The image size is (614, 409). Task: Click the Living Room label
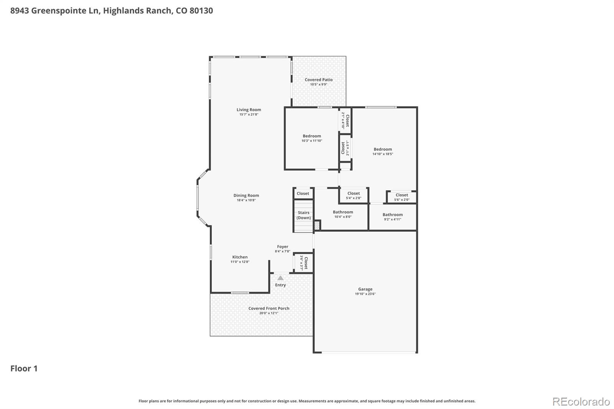[249, 110]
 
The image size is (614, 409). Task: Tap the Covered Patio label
[319, 80]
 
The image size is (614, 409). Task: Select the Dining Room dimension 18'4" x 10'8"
[246, 200]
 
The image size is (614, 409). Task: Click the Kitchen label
[240, 257]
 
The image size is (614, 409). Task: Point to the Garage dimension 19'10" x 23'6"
[365, 294]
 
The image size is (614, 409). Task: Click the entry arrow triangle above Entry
[281, 278]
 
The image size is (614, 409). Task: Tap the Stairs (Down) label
[304, 215]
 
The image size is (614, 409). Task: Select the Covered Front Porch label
[269, 308]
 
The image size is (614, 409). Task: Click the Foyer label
[282, 247]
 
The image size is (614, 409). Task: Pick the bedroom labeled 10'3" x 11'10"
[312, 138]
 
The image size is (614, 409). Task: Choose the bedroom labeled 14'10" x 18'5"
[383, 151]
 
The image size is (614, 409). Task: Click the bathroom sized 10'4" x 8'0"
[343, 214]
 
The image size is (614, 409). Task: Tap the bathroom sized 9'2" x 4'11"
[393, 217]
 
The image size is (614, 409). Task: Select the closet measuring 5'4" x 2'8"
[353, 196]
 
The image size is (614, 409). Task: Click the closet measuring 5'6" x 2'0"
[402, 197]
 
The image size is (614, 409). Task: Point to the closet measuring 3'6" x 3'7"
[304, 263]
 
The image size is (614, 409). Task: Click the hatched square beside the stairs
[317, 225]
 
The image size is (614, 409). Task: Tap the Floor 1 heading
[24, 369]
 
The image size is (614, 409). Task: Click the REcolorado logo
[581, 402]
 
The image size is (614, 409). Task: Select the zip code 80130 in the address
[201, 11]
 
